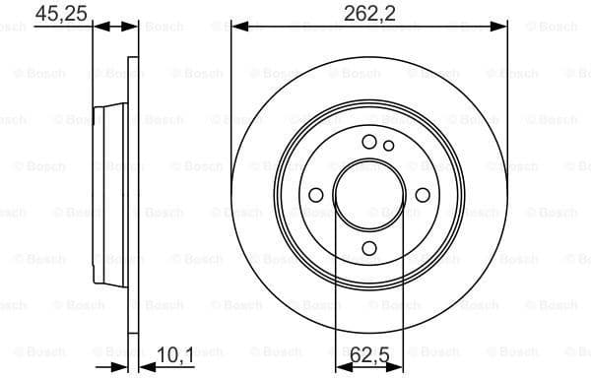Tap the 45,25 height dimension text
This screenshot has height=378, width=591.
point(56,13)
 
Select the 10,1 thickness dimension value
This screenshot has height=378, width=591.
point(174,351)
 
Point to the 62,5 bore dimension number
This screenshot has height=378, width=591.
point(368,351)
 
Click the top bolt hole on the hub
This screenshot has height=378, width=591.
point(369,142)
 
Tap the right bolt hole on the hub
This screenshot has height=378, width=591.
point(423,195)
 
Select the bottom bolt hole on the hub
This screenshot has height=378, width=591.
point(369,248)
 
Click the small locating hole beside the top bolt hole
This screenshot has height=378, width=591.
point(389,147)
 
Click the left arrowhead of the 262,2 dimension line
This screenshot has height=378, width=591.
point(237,28)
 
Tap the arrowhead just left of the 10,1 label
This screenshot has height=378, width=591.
point(138,366)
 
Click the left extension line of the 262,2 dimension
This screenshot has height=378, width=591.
point(231,98)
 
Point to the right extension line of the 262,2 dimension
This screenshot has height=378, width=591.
point(508,98)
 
